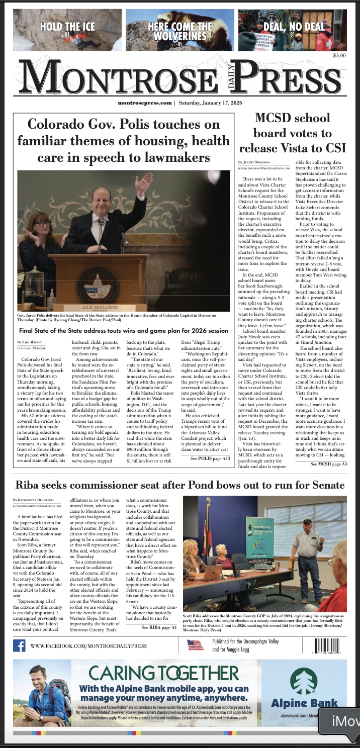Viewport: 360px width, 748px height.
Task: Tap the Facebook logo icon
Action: [x=20, y=645]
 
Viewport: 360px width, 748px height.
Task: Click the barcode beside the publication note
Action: [x=330, y=645]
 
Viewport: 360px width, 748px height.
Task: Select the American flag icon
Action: [x=195, y=645]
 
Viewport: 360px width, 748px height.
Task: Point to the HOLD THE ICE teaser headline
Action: [x=65, y=27]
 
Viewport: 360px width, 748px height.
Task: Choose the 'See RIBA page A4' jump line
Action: [x=159, y=627]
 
